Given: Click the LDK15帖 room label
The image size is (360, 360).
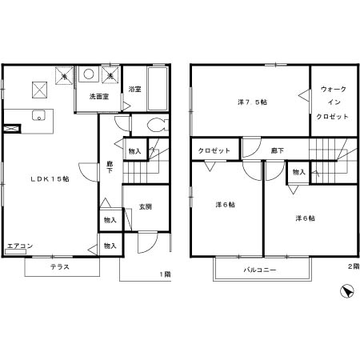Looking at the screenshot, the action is point(50,179).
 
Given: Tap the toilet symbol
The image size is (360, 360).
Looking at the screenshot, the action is point(158,125).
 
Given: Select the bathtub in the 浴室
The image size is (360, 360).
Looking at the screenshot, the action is point(158,89).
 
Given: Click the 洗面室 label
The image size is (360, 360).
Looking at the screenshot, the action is point(99,96).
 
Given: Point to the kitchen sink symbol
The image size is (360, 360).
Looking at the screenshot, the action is point(39,115).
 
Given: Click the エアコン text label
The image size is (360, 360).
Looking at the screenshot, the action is point(20,246).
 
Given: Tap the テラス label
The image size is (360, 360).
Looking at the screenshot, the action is point(60,266).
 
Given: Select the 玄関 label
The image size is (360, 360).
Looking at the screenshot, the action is point(146,206).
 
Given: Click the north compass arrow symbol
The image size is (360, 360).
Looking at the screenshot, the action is point(347,291).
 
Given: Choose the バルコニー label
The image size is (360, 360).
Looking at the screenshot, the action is point(260,270).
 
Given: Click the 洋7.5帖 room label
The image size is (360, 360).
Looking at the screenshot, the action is point(252,102).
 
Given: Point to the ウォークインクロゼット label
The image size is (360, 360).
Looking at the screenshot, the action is point(333,102).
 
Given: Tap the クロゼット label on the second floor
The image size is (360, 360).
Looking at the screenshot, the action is point(214,150).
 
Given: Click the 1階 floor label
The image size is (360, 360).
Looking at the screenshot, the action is point(165,274).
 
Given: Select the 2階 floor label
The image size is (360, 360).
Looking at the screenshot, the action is point(354,266).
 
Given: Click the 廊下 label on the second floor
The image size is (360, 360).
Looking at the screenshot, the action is point(278,150).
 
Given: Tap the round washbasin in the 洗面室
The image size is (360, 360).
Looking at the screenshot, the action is point(89,74).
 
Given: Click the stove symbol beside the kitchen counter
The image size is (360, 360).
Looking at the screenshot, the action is point(12,129).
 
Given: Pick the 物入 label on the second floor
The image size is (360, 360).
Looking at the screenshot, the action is point(298,172).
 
